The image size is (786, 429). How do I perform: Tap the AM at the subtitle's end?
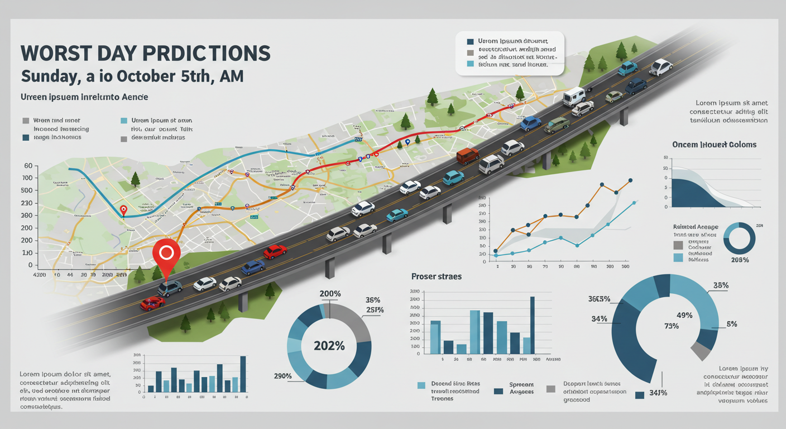(x=230, y=76)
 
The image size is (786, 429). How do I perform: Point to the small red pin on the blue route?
(x=124, y=210)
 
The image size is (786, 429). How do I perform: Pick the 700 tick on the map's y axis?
(x=26, y=178)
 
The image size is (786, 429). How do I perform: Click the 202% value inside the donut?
(x=329, y=346)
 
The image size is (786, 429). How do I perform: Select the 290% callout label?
(x=282, y=376)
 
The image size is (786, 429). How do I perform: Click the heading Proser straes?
(x=436, y=277)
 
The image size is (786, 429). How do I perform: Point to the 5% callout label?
(x=732, y=324)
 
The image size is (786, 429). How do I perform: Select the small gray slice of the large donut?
(x=699, y=351)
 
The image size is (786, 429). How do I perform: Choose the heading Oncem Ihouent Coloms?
(x=715, y=144)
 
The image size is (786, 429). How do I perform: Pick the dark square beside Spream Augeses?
(x=499, y=391)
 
